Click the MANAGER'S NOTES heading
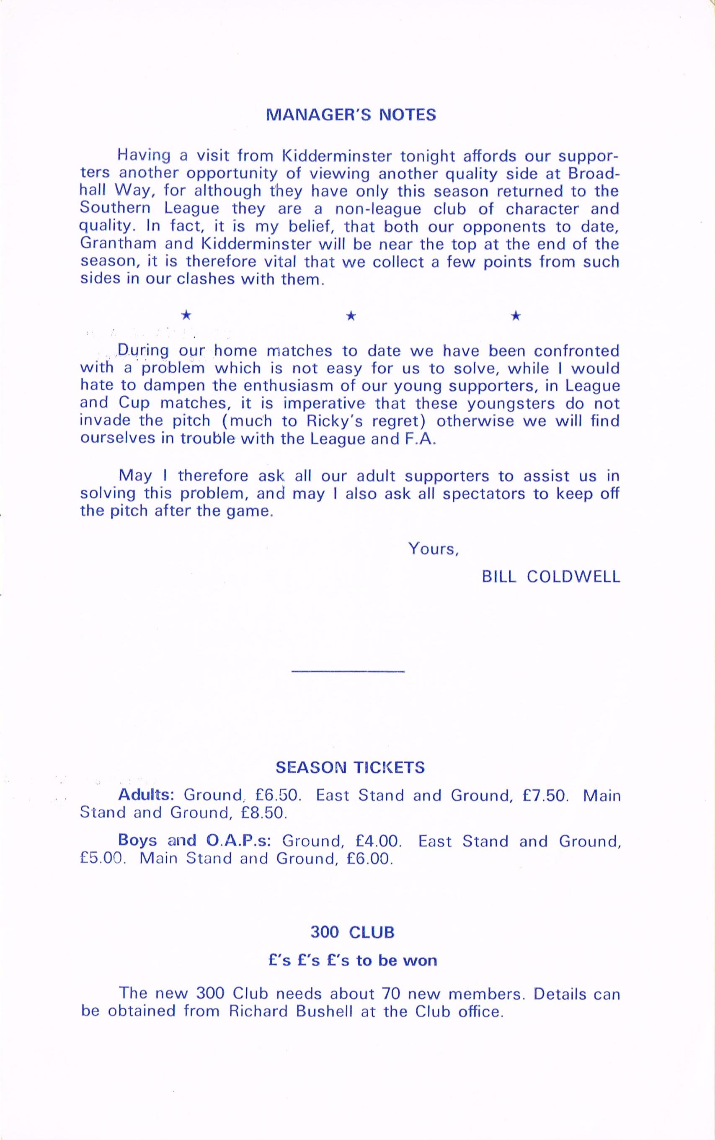351,115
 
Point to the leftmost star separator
187,315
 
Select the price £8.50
264,813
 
